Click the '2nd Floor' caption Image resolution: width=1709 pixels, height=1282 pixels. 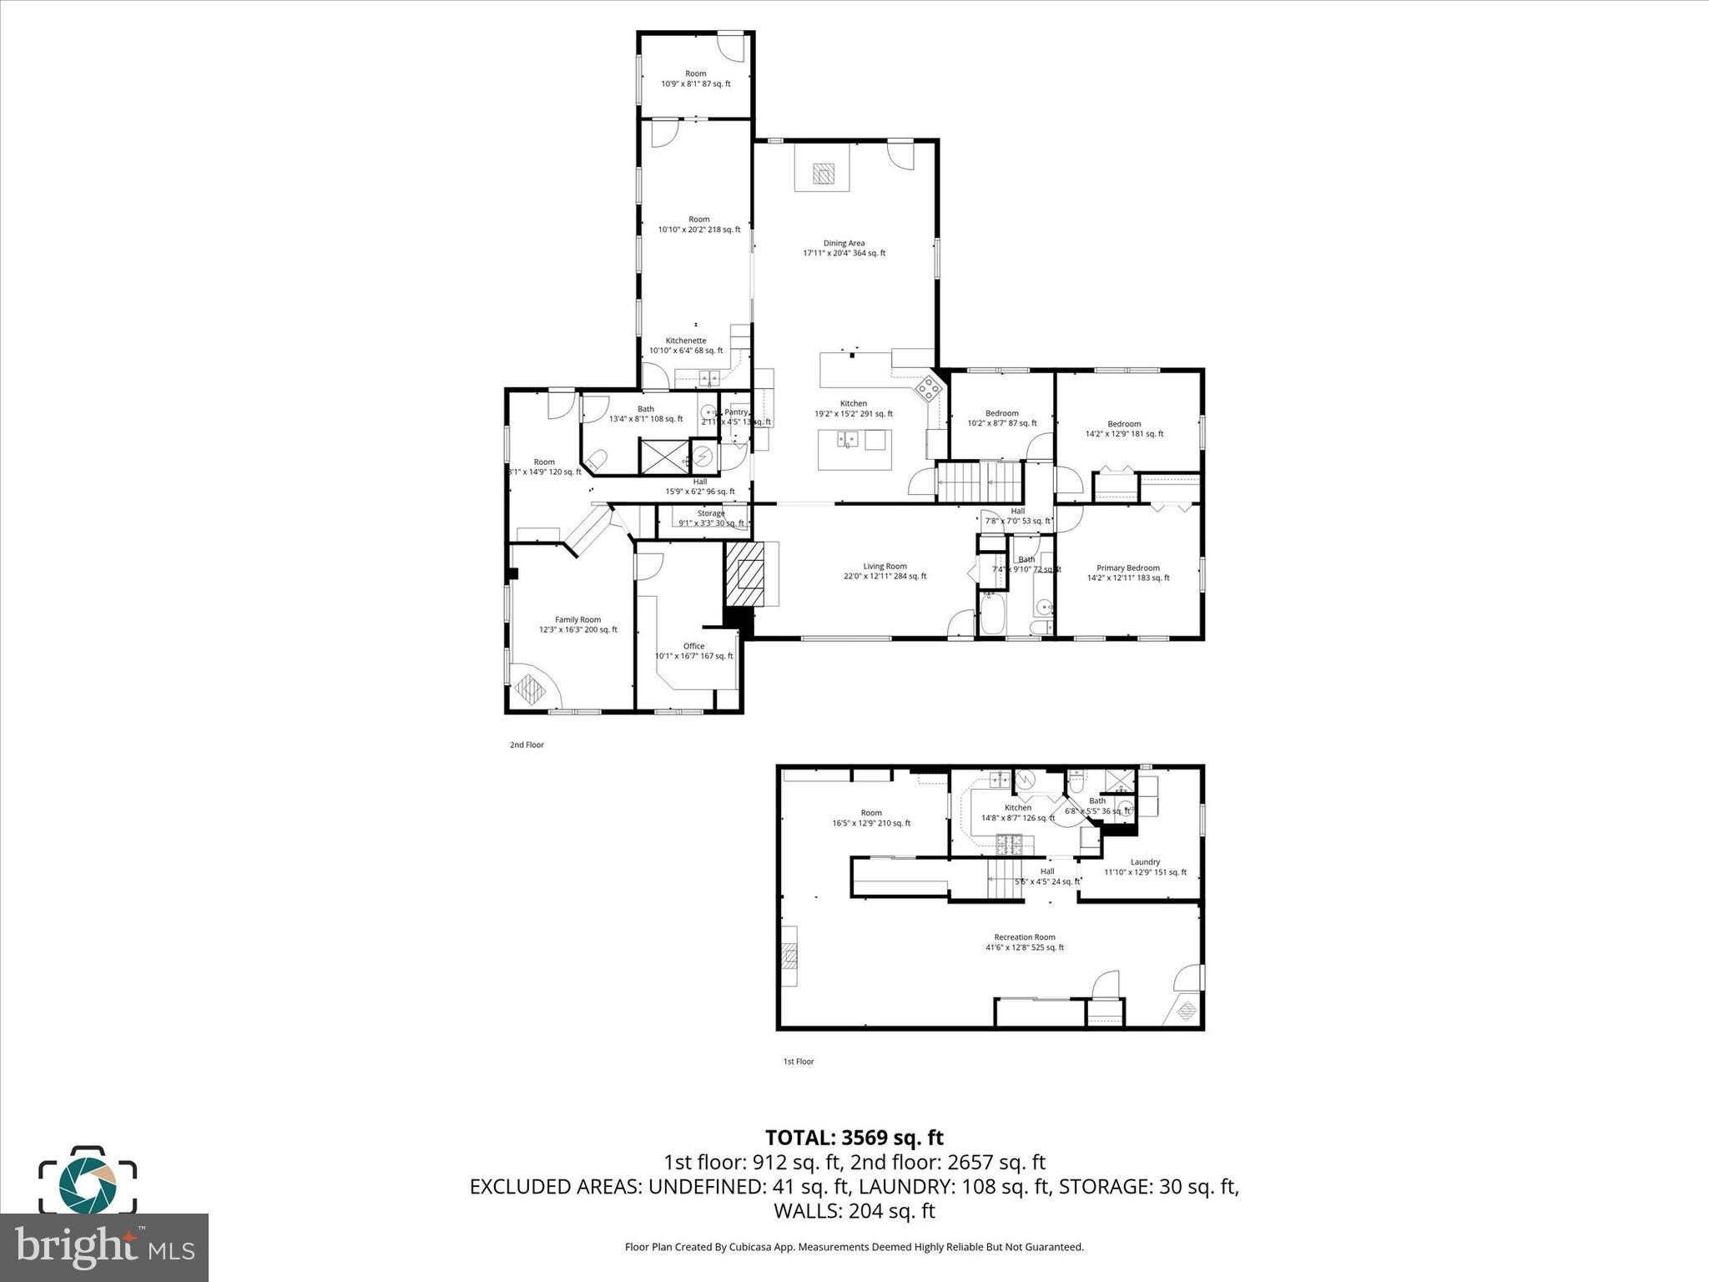[527, 744]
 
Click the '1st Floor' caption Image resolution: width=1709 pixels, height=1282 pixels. [798, 1062]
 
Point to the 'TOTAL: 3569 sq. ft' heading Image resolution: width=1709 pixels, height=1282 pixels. [854, 1138]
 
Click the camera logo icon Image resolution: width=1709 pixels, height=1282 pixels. [88, 1179]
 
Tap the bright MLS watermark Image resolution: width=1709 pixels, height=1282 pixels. [104, 1248]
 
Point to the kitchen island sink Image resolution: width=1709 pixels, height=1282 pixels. [848, 440]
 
